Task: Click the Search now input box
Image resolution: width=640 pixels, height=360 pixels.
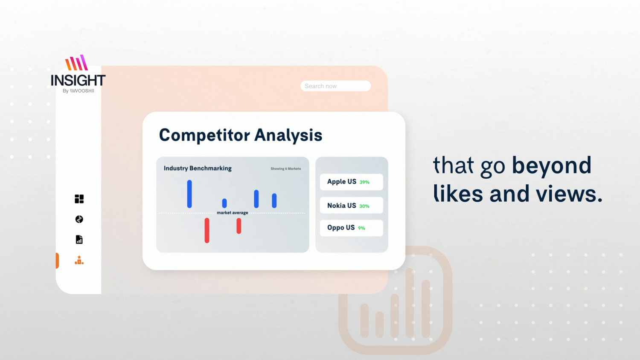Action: (335, 86)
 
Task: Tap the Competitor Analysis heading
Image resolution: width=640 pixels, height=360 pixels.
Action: (241, 135)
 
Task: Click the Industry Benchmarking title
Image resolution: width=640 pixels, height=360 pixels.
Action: (198, 168)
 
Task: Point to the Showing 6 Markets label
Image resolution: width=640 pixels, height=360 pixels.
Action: (286, 168)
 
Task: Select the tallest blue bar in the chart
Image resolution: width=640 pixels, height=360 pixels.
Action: (189, 194)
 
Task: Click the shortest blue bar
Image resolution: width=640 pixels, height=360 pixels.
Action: (224, 203)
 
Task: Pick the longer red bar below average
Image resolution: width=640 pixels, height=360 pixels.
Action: (207, 231)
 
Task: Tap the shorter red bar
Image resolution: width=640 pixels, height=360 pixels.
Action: (239, 226)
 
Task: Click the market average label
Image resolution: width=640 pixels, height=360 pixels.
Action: (232, 212)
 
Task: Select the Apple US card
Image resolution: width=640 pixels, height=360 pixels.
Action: (352, 182)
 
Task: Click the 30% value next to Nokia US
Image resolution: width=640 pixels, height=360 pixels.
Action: (364, 206)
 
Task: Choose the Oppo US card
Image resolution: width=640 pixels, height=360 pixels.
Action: (352, 228)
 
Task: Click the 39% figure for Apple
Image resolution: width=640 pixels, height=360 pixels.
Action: (364, 182)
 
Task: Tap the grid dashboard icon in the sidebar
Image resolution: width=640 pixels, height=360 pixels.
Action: (79, 199)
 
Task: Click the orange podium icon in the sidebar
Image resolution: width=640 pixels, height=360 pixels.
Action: (79, 260)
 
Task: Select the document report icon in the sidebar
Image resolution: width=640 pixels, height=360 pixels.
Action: (79, 239)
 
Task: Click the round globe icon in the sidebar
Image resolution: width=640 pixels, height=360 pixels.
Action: (79, 219)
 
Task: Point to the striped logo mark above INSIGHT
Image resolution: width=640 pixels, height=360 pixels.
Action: (76, 63)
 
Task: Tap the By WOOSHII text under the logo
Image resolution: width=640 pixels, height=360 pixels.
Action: (78, 91)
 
